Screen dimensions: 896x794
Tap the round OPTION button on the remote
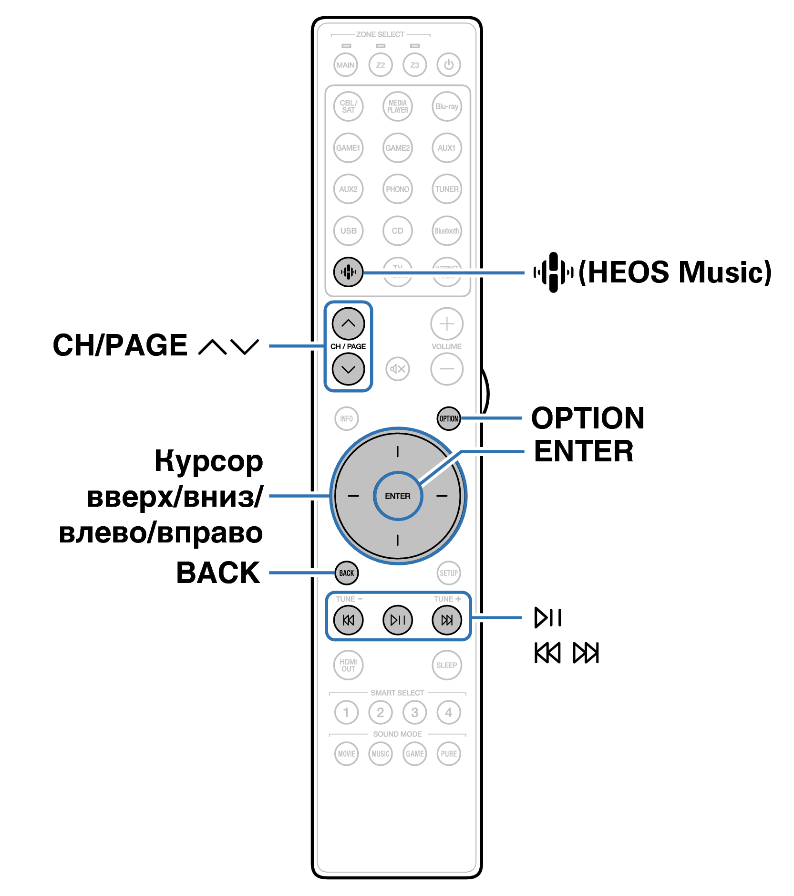448,418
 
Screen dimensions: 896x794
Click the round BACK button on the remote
347,573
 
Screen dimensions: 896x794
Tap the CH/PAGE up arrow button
349,323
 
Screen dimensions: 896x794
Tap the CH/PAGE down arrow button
349,369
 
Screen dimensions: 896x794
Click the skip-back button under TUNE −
349,620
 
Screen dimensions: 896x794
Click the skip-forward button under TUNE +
447,620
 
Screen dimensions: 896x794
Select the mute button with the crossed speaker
398,369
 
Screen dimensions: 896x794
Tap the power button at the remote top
448,64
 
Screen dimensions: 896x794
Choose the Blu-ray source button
447,106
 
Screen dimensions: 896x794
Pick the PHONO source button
398,189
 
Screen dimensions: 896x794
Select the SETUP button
448,573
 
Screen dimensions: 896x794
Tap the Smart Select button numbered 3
414,712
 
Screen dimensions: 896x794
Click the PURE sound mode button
448,754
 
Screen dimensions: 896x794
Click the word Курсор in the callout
208,461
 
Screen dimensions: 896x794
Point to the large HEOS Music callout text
674,272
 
